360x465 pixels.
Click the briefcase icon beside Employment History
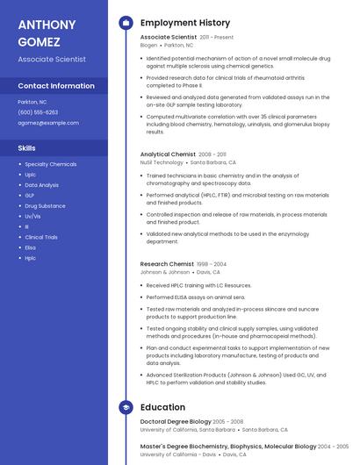pos(126,23)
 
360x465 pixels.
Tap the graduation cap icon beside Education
pos(126,407)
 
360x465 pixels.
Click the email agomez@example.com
pos(48,123)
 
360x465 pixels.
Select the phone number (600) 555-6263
pos(38,112)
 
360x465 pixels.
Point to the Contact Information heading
pos(56,86)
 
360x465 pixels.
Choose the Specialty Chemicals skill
pos(50,164)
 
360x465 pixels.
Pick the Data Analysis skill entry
pos(42,185)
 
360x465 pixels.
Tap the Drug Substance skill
pos(45,205)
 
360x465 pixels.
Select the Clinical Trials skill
pos(41,237)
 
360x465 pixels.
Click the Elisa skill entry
pos(30,247)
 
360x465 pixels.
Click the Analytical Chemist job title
pos(168,154)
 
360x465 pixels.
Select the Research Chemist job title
pos(167,264)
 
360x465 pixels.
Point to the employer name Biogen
pos(149,45)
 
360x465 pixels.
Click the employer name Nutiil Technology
pos(162,162)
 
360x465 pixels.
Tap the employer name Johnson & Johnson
pos(164,272)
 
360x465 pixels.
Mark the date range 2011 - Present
pos(217,38)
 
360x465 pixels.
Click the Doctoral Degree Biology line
pos(176,422)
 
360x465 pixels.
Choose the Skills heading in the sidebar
pos(26,148)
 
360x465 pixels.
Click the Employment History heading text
pos(185,23)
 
